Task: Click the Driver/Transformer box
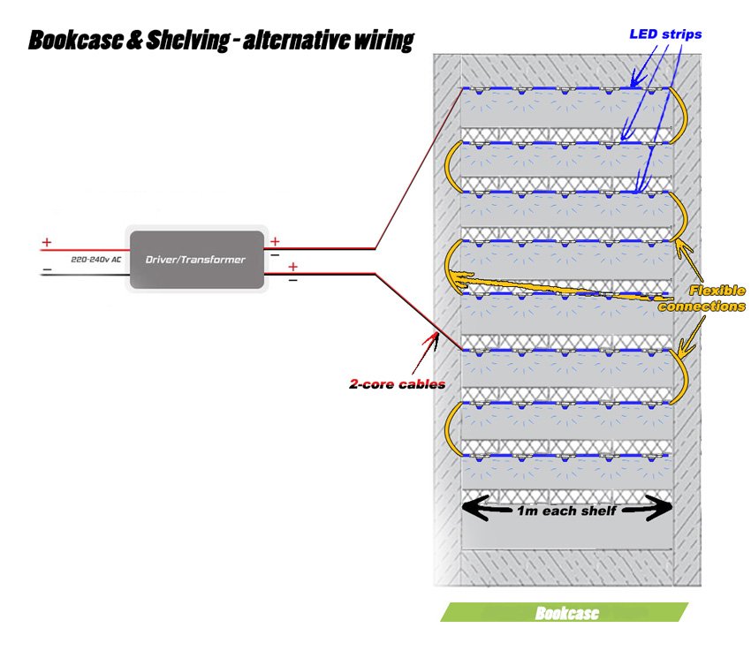click(196, 260)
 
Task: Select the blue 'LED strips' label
click(665, 35)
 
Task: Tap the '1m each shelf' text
click(567, 511)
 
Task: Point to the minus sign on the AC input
click(47, 270)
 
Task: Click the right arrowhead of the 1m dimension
click(661, 508)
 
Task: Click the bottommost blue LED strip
click(565, 456)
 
